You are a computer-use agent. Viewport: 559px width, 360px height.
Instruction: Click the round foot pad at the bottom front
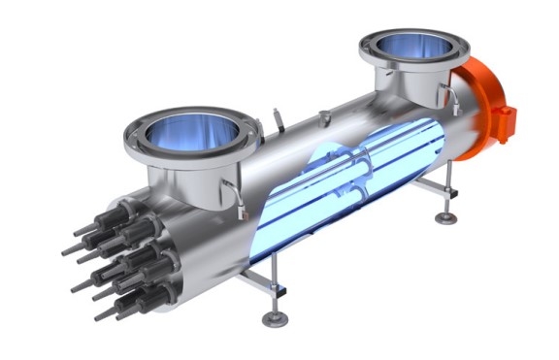[x=274, y=318]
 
